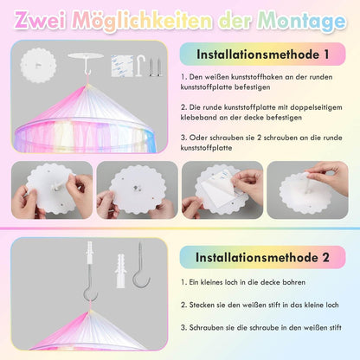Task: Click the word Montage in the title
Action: click(301, 22)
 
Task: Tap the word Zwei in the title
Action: click(41, 20)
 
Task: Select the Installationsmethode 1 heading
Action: click(263, 55)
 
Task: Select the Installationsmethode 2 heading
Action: click(262, 257)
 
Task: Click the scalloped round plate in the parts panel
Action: click(38, 66)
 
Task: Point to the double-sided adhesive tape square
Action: click(122, 66)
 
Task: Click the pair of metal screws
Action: click(155, 67)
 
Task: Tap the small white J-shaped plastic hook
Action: click(140, 66)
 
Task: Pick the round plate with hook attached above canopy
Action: click(86, 63)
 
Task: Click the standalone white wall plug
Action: click(120, 271)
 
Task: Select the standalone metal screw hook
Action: click(141, 265)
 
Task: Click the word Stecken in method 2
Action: click(202, 305)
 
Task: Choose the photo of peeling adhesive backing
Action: click(222, 190)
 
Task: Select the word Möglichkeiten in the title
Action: click(143, 22)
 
